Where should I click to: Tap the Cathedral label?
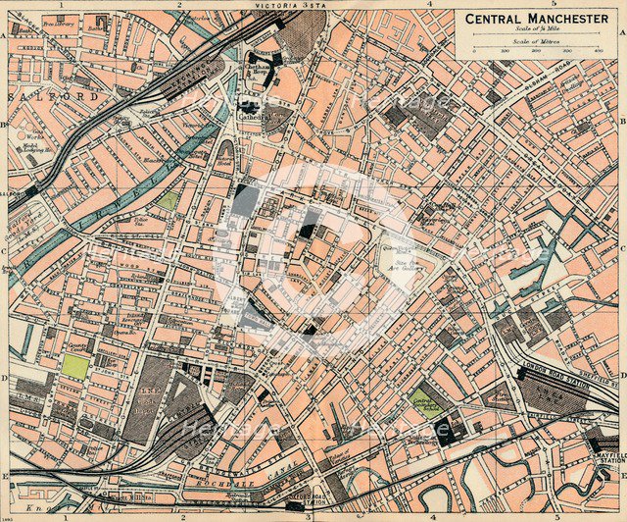(254, 115)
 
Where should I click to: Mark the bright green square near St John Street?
(74, 366)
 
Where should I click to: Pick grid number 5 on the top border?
(554, 5)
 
